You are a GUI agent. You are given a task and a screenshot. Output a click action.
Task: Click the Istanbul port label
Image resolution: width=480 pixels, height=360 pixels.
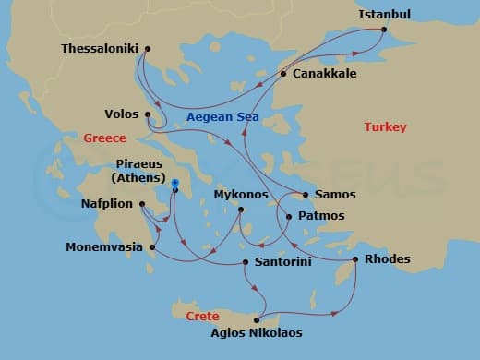pos(384,14)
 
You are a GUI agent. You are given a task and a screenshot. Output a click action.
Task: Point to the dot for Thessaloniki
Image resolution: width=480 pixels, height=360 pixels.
pos(148,49)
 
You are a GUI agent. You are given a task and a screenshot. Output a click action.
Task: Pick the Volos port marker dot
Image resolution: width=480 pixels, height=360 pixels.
pos(148,114)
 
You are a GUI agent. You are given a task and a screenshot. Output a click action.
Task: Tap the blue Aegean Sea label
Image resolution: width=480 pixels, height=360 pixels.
pos(222,118)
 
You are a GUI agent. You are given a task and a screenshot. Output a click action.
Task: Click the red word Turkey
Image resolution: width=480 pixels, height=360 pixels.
pos(385,127)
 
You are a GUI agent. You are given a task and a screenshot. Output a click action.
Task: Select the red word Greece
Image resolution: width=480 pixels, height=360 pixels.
pos(104,138)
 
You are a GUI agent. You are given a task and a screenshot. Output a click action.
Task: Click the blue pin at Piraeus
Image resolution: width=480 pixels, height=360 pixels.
pos(174,184)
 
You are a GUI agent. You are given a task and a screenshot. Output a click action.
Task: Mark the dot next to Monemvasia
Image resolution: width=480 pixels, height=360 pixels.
pos(152,247)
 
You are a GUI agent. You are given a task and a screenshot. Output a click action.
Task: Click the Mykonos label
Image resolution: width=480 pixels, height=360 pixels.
pos(240,196)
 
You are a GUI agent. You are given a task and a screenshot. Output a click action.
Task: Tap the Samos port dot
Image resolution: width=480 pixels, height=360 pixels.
pos(306,195)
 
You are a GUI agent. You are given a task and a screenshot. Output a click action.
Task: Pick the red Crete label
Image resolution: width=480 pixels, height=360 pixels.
pos(203,316)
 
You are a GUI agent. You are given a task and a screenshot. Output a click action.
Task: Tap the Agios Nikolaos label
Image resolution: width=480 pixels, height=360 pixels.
pos(256,333)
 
